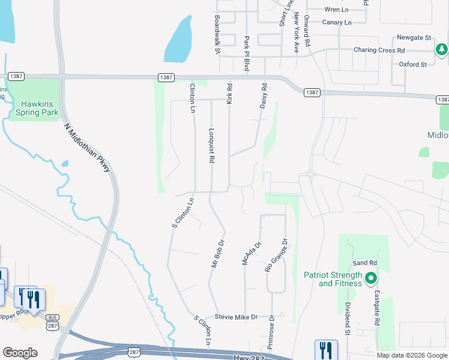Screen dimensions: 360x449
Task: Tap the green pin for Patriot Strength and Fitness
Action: coord(371,278)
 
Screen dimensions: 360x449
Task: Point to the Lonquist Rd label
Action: coord(211,146)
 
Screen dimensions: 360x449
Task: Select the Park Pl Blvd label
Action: coord(246,53)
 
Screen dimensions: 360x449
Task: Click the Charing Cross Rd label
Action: coord(379,50)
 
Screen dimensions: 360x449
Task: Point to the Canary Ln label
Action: coord(337,22)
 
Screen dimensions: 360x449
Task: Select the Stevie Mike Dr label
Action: coord(237,316)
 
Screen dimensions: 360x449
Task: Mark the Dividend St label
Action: coord(348,318)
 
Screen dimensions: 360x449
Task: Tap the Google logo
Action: coord(20,353)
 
